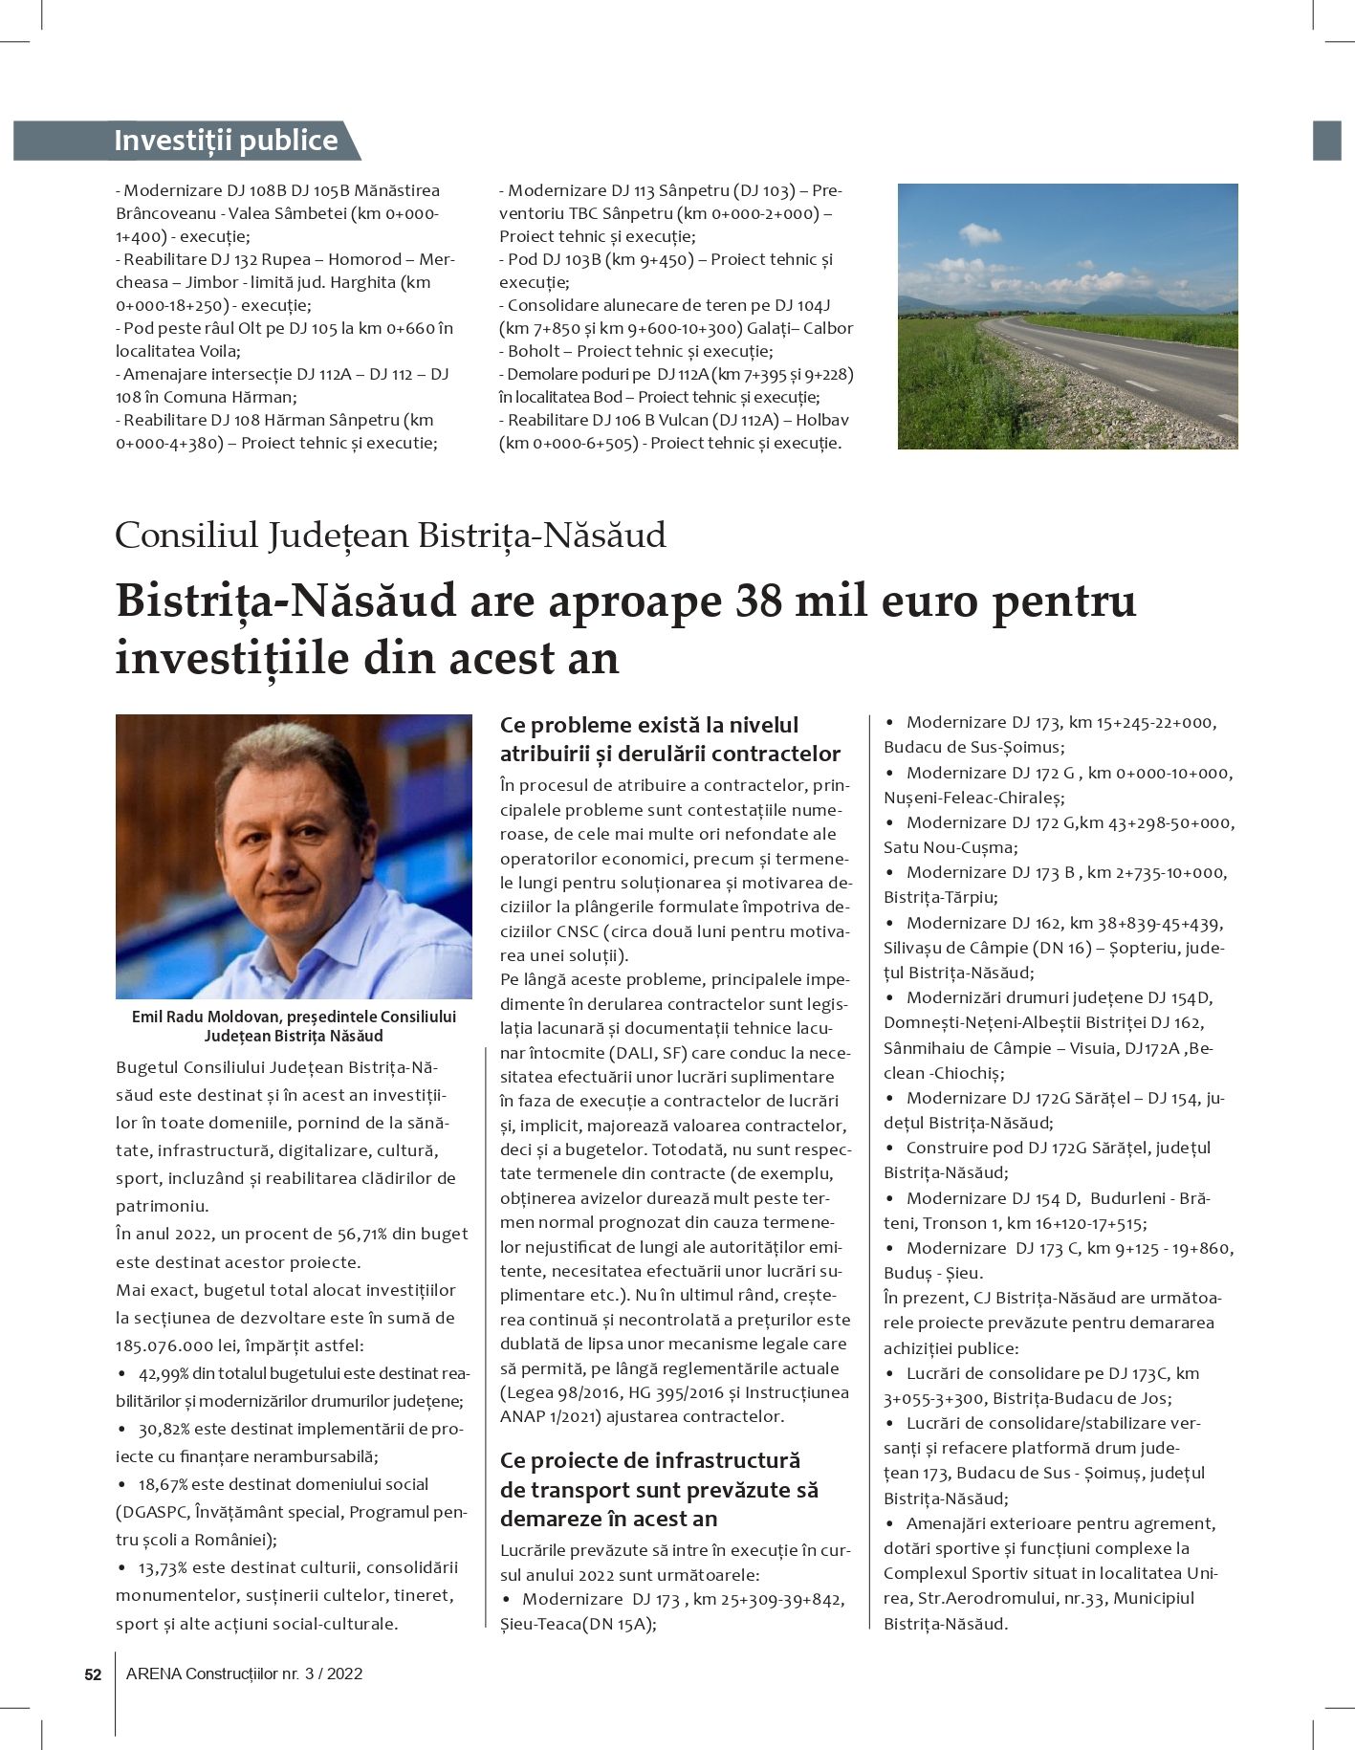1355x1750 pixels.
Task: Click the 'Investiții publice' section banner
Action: [226, 141]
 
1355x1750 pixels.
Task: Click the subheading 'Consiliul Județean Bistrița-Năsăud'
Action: [390, 535]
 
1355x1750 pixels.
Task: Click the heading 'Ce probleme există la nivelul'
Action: [648, 725]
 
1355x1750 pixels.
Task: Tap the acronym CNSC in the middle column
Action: [578, 930]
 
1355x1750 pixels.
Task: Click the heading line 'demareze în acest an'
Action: [608, 1519]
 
